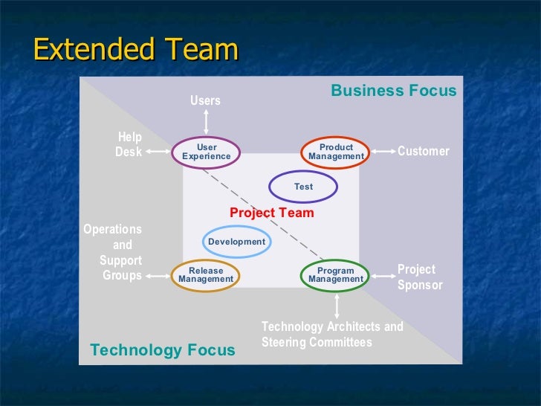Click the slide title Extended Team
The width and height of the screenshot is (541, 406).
(x=136, y=51)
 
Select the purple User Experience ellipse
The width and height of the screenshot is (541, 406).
(x=207, y=152)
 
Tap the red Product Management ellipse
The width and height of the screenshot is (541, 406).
(x=336, y=152)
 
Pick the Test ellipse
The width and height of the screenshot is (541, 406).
(x=303, y=187)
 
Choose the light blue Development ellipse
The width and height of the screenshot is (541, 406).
(x=236, y=242)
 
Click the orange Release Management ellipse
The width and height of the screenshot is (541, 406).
(x=206, y=275)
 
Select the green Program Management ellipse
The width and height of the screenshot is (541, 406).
(x=336, y=275)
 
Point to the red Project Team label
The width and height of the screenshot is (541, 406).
(x=271, y=213)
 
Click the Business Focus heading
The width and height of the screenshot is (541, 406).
(x=393, y=91)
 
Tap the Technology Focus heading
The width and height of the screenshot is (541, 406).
(x=162, y=349)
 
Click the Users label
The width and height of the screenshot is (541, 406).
(x=206, y=100)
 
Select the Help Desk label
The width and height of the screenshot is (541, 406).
(x=129, y=145)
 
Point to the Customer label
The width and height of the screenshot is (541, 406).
(x=424, y=152)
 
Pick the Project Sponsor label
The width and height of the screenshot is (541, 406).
(x=419, y=277)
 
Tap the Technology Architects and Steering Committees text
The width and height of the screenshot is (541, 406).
(x=331, y=335)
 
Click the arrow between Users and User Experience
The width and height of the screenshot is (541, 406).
(x=206, y=123)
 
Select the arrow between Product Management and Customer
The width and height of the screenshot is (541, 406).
(x=382, y=152)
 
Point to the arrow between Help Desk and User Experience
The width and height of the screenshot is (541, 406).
(x=158, y=152)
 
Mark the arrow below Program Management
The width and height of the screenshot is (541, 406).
(x=337, y=305)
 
